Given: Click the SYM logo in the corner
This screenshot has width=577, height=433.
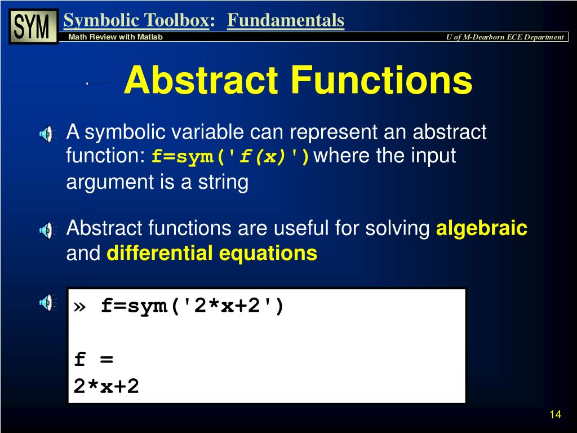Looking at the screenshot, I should [x=34, y=26].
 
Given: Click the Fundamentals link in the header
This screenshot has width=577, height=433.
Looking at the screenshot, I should [x=286, y=20].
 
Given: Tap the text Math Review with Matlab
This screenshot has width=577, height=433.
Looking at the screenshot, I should [x=116, y=37].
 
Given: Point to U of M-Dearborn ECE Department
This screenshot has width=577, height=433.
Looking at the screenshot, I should [x=505, y=37].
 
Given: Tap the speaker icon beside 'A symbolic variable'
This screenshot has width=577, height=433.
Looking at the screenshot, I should [x=47, y=134].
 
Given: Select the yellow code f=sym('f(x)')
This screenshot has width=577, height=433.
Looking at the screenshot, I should [x=230, y=157].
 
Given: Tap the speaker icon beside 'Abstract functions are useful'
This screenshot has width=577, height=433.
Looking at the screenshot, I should [x=47, y=229].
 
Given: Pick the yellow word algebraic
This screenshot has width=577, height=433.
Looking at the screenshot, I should [x=482, y=228].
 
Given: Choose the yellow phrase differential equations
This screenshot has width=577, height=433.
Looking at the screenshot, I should [x=212, y=253].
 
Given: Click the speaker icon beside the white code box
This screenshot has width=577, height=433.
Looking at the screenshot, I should [x=47, y=303].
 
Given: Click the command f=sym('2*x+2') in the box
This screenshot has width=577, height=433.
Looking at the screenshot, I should [x=193, y=306].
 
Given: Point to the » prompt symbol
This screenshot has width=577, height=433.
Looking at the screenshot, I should [x=79, y=307].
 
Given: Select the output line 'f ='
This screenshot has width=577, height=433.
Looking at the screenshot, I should [x=94, y=359].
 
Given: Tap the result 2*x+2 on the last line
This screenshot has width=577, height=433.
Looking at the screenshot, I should [x=106, y=386].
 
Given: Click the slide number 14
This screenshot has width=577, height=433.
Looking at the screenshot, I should [x=555, y=415].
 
